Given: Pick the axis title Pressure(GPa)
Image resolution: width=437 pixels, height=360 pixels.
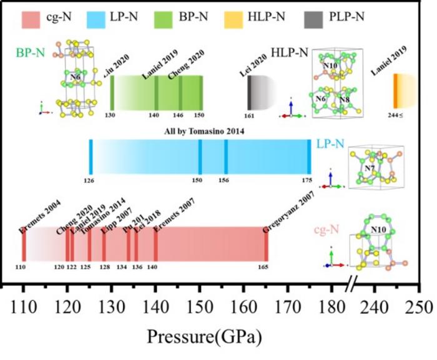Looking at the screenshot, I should [x=204, y=336].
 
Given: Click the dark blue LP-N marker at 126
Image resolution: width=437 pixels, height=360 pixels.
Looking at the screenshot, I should [x=91, y=157].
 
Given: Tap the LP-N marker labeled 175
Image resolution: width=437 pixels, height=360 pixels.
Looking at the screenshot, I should [x=309, y=157].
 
